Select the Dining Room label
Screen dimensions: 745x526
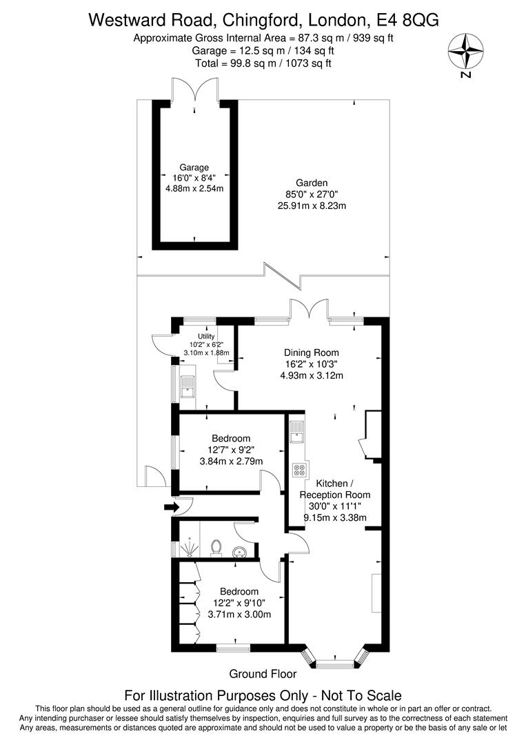coord(311,352)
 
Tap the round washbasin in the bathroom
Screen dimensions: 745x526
coord(240,551)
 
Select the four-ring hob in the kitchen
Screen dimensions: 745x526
coord(300,470)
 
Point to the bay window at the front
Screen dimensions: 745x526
coord(338,661)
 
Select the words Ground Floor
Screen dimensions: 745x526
coord(263,674)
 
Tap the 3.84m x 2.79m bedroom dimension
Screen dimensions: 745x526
coord(231,461)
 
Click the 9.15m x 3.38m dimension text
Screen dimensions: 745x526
coord(334,518)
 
